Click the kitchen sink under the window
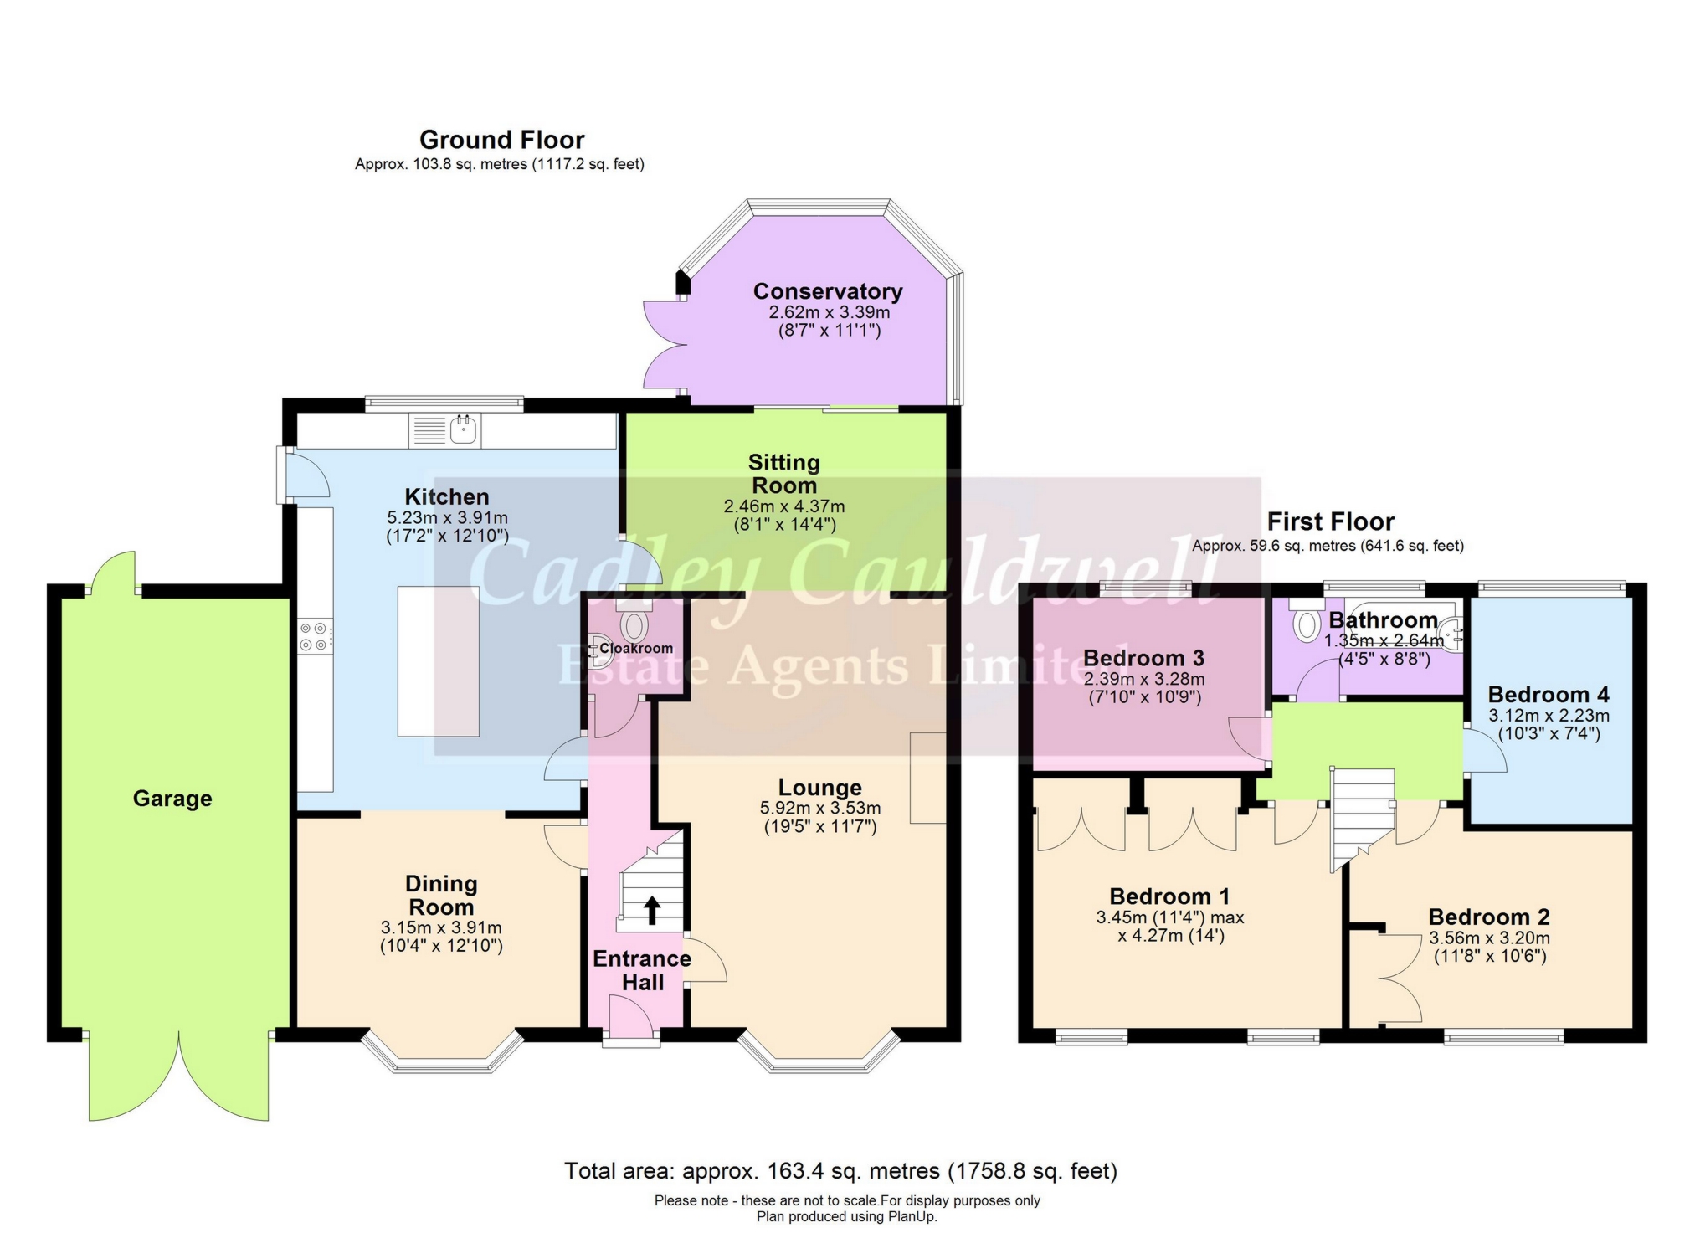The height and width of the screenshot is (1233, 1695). (x=463, y=430)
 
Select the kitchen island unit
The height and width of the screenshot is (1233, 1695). (x=438, y=661)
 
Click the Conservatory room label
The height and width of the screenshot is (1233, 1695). (x=827, y=291)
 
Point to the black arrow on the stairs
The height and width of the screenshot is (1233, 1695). (x=651, y=911)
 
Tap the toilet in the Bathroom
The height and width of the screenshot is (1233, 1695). (x=1306, y=625)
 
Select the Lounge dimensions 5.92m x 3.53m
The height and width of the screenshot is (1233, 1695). (x=819, y=809)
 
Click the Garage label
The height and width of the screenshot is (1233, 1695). (x=172, y=799)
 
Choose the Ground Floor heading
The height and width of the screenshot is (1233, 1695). (x=501, y=139)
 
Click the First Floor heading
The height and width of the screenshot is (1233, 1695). (x=1329, y=521)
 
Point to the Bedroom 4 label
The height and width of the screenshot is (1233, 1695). (x=1548, y=695)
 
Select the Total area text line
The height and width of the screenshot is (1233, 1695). (x=840, y=1170)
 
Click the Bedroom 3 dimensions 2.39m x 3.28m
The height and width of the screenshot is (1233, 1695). (x=1143, y=679)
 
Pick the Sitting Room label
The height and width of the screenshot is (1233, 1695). (x=783, y=473)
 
